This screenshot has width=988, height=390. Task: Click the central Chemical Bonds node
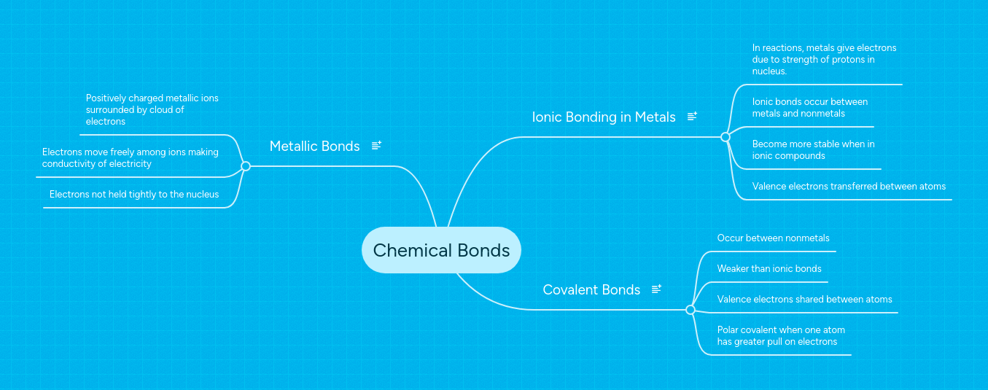[441, 250]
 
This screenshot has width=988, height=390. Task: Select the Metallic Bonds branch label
[314, 146]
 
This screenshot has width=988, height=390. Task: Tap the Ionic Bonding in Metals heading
[604, 117]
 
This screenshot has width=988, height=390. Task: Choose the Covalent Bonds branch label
[591, 289]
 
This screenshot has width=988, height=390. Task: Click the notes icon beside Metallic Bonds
[376, 146]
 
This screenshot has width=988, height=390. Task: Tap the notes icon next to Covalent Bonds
[656, 289]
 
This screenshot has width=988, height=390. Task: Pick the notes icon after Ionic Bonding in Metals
[692, 117]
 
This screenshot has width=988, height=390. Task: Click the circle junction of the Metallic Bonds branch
[246, 166]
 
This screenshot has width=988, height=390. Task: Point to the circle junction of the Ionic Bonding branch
[725, 137]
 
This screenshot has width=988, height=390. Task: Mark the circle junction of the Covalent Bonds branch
[691, 310]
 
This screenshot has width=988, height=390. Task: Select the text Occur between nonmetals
[773, 238]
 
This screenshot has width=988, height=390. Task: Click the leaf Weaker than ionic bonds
[769, 269]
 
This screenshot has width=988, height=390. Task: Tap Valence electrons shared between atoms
[804, 300]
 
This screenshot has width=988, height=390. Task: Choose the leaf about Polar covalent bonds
[781, 335]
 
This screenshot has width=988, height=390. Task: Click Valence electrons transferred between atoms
[849, 187]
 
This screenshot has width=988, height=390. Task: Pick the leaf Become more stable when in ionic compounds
[813, 149]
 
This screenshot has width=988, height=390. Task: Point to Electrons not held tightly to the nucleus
[134, 195]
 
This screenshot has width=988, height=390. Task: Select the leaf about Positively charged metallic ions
[152, 109]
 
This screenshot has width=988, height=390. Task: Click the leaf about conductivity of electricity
[130, 158]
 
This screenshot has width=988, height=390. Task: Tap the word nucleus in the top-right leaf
[769, 71]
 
